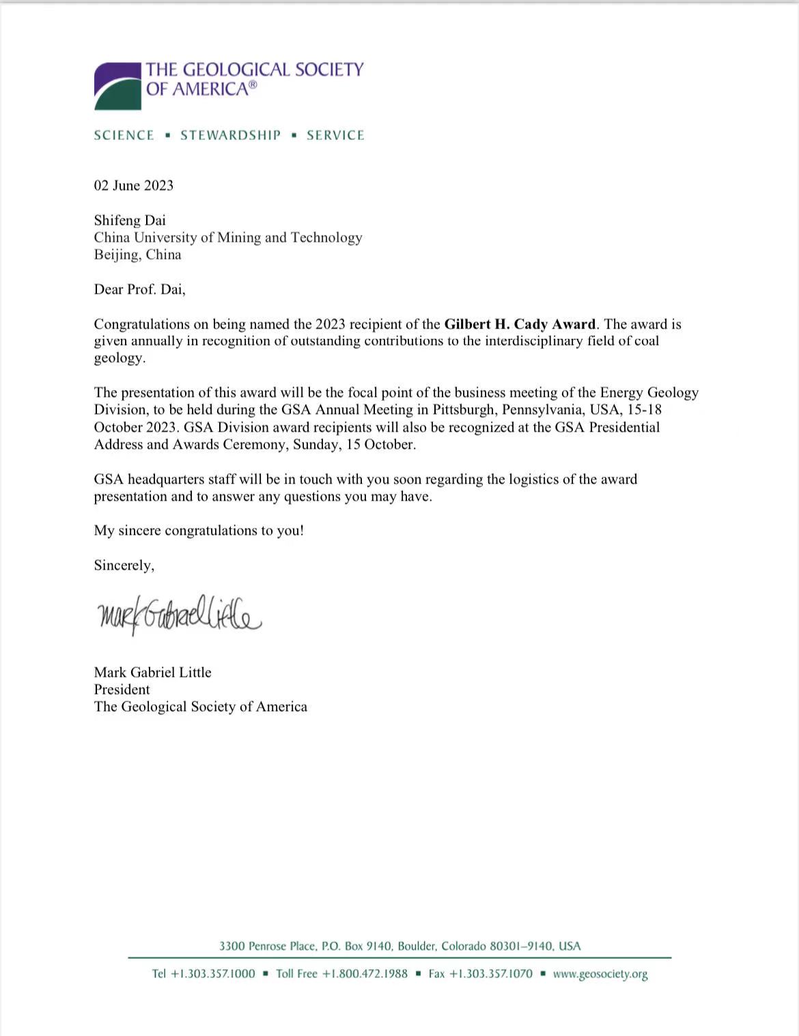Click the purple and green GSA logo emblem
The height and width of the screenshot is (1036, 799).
[x=117, y=86]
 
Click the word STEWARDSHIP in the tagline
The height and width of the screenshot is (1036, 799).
[x=230, y=135]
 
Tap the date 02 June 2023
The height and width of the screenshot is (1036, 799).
[x=134, y=186]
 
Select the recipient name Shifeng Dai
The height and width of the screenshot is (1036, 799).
[x=130, y=220]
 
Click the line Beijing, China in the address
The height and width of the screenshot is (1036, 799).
[x=137, y=255]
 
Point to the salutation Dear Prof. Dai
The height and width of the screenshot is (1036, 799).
[x=139, y=290]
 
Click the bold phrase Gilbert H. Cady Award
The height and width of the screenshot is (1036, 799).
[x=520, y=324]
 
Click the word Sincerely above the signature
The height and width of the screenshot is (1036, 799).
[x=124, y=565]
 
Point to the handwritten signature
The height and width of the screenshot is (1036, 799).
[x=179, y=614]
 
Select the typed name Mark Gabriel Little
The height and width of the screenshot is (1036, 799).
[x=153, y=673]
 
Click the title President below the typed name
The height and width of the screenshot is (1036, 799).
[x=122, y=690]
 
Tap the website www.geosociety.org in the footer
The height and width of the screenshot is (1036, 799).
[x=600, y=974]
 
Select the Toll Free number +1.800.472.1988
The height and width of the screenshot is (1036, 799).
[x=365, y=974]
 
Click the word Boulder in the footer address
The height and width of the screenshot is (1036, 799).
[x=417, y=947]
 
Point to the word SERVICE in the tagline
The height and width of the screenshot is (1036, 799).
[x=335, y=135]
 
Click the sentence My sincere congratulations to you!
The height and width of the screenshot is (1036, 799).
[x=199, y=531]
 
